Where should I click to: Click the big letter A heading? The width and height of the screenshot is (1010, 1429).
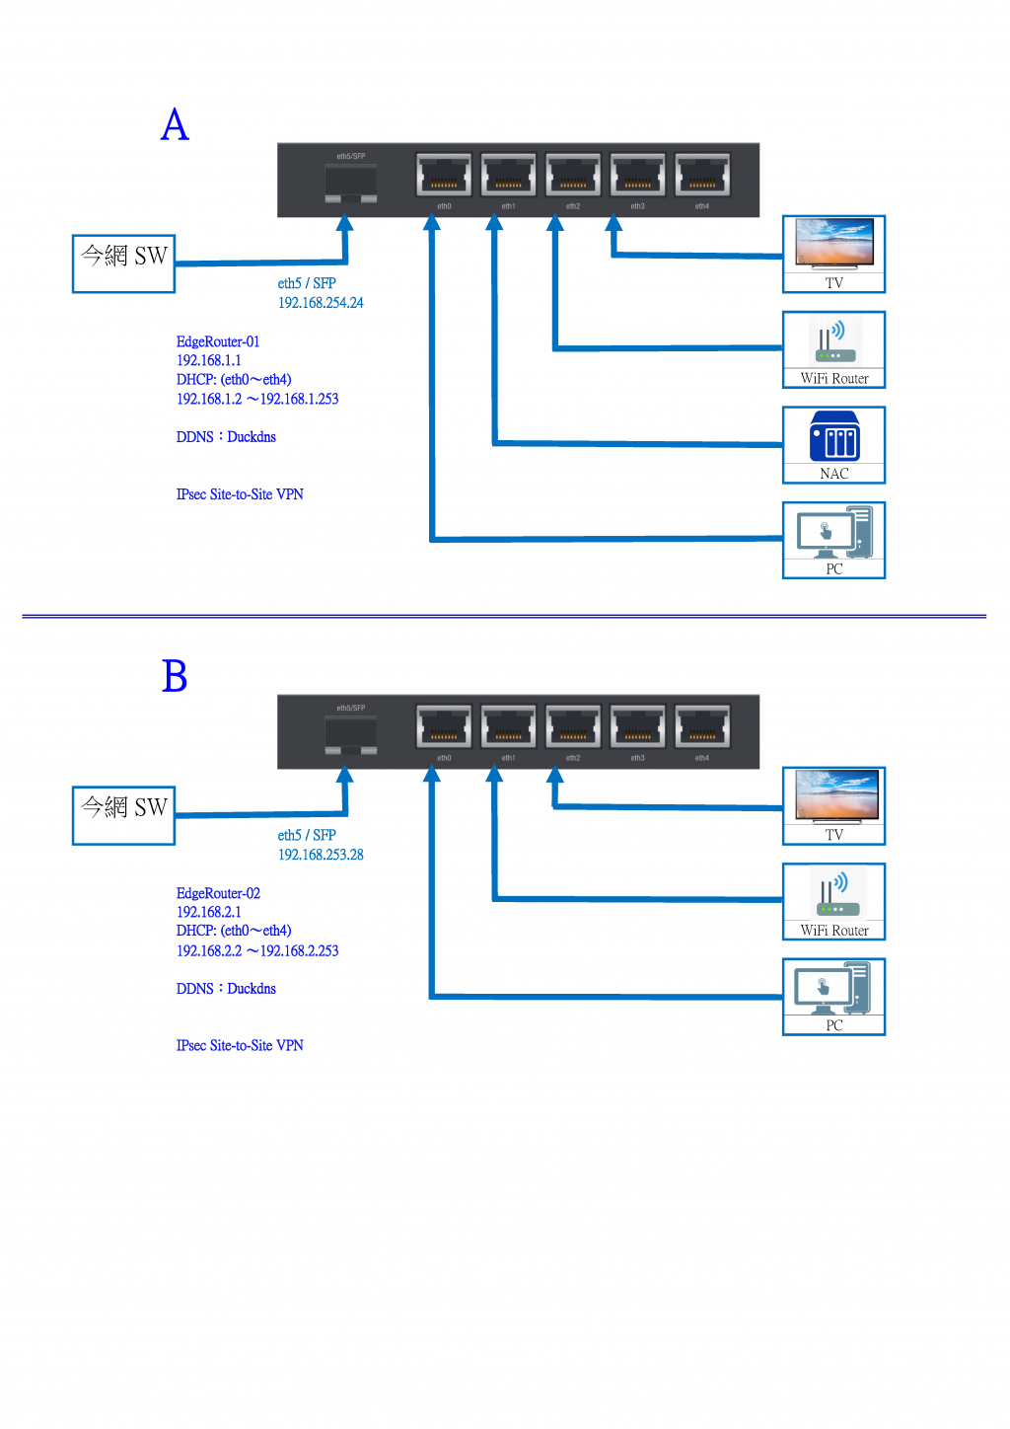tap(175, 125)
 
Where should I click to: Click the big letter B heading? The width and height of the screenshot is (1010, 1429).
tap(175, 677)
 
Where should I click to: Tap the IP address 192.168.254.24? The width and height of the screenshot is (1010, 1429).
tap(321, 303)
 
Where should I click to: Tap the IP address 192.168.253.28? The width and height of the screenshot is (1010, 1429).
tap(321, 855)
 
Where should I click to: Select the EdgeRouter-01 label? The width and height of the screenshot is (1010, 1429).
tap(218, 341)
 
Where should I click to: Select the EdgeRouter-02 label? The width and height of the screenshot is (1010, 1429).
tap(218, 893)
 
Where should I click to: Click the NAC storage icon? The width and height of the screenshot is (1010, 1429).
tap(834, 437)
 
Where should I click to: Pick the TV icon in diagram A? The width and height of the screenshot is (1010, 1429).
tap(834, 244)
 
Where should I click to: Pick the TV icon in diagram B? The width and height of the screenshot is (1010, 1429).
tap(834, 796)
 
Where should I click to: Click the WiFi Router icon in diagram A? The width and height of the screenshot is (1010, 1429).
tap(834, 341)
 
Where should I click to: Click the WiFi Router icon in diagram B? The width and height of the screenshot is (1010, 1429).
tap(834, 893)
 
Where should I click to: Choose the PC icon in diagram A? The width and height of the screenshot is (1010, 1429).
tap(834, 533)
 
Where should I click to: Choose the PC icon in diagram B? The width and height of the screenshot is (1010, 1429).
tap(834, 989)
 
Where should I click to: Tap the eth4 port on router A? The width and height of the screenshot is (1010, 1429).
tap(702, 176)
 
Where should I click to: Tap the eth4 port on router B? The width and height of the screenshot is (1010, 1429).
tap(702, 727)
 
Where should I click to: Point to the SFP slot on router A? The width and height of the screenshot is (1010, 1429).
tap(351, 184)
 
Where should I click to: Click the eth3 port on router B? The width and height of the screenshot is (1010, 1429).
tap(638, 727)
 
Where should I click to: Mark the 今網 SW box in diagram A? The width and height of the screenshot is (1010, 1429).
tap(124, 263)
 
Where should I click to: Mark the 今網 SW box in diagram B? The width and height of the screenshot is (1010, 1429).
tap(124, 815)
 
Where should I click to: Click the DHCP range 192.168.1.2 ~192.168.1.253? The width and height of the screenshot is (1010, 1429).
tap(257, 399)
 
